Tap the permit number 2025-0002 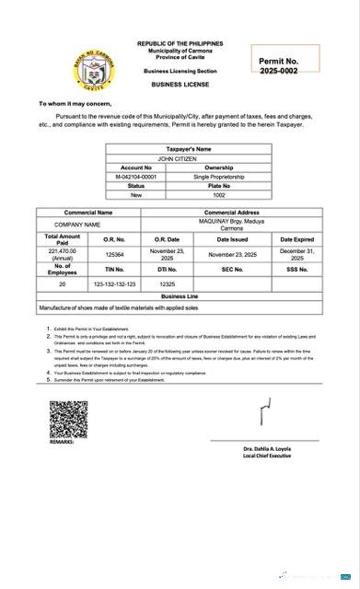click(x=278, y=71)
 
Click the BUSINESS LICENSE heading click(x=180, y=84)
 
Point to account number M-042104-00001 click(x=136, y=177)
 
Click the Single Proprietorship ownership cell click(x=219, y=177)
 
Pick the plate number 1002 click(x=219, y=195)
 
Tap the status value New click(x=136, y=195)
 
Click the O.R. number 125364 click(x=114, y=253)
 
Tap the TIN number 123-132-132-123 click(x=114, y=284)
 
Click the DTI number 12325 click(x=167, y=284)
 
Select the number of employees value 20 click(x=63, y=284)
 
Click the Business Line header click(x=179, y=297)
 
